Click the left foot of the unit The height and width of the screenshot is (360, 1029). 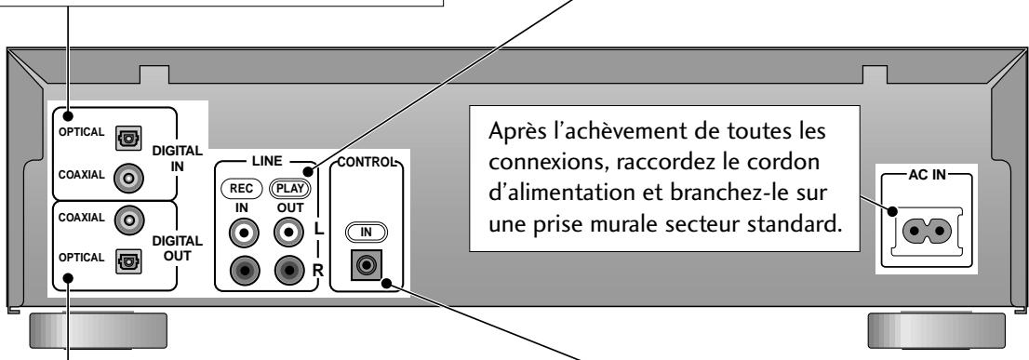(x=98, y=330)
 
